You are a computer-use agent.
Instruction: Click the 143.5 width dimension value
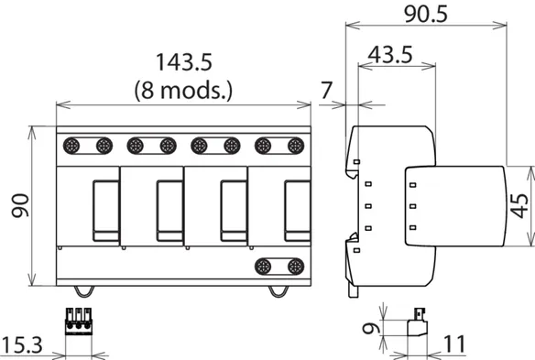[x=184, y=62]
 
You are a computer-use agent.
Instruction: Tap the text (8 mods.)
[x=183, y=91]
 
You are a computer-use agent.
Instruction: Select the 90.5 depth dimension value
[x=425, y=15]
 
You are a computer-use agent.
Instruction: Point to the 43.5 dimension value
[x=390, y=55]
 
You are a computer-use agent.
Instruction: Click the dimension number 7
[x=326, y=90]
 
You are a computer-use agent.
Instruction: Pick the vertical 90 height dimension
[x=20, y=205]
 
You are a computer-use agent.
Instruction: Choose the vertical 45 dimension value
[x=519, y=206]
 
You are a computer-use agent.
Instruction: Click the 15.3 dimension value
[x=22, y=344]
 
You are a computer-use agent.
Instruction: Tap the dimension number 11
[x=454, y=344]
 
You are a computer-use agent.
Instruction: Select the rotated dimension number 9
[x=371, y=329]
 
